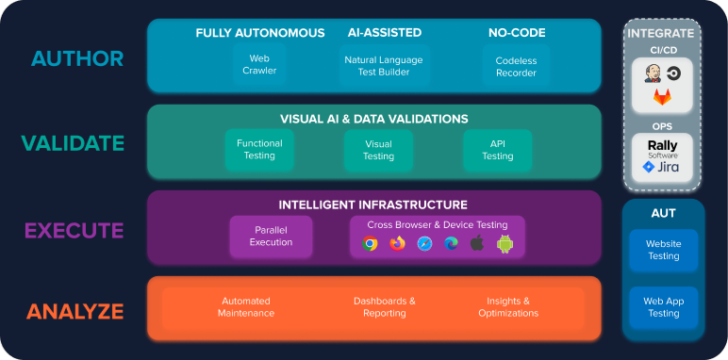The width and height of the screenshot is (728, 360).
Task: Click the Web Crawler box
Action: tap(260, 64)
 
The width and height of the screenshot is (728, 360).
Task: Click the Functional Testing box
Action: tap(259, 150)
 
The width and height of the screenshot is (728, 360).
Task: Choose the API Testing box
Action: tap(498, 150)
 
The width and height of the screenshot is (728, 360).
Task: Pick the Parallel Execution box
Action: tap(271, 236)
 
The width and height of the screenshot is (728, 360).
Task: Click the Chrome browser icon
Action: tap(370, 243)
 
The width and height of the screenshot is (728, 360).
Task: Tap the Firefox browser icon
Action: tap(397, 243)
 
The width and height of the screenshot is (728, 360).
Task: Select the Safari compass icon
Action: tap(424, 243)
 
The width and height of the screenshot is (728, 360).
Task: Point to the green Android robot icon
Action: tap(505, 243)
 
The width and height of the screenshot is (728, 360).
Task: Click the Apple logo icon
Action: tap(477, 243)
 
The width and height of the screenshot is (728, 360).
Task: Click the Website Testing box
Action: tap(663, 250)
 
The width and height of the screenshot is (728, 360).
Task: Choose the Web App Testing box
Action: tap(663, 307)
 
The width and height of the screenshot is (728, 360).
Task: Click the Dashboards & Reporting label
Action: tap(385, 307)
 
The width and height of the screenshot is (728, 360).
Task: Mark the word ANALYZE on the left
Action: tap(74, 311)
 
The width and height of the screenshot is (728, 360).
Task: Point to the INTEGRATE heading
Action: tap(660, 33)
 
